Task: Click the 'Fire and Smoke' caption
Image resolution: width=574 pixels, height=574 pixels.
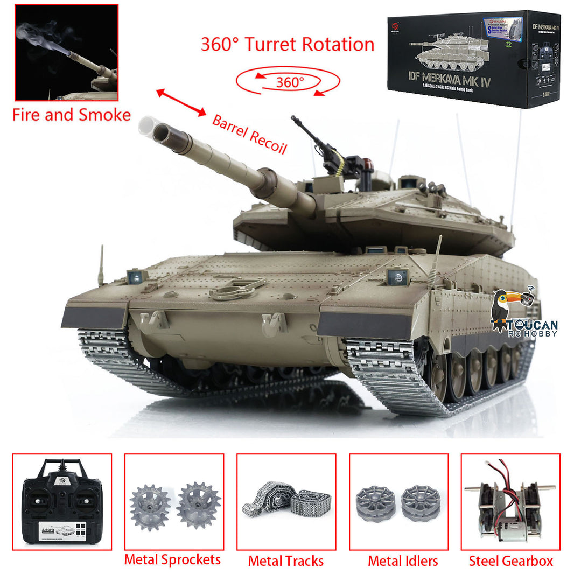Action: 71,115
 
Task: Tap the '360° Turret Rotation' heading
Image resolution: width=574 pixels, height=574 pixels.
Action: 288,44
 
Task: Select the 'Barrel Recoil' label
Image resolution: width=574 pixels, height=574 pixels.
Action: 249,134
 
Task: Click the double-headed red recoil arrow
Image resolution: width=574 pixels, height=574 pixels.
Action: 181,102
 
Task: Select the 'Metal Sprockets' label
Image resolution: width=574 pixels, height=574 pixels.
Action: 172,559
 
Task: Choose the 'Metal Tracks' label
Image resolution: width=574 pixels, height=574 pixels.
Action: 286,561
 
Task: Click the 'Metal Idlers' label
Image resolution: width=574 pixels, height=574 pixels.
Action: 403,561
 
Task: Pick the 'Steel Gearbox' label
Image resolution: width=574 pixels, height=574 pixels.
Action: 510,561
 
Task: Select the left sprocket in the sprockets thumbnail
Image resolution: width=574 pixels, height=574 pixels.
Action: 150,506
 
